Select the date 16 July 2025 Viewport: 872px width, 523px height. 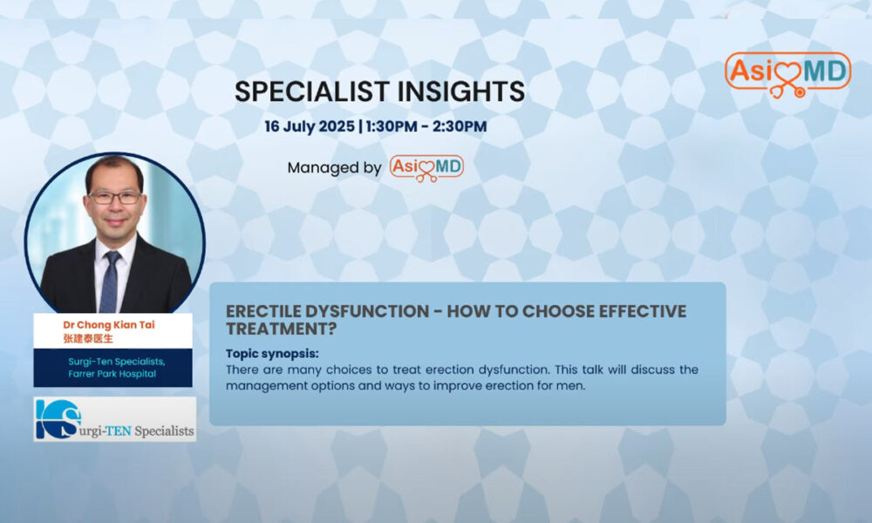click(310, 126)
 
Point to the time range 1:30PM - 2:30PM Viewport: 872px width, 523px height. click(426, 126)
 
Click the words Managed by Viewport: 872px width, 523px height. click(334, 168)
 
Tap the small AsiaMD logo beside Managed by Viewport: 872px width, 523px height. click(426, 168)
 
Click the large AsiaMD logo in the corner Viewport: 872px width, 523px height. click(787, 74)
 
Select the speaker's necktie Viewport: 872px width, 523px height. click(111, 281)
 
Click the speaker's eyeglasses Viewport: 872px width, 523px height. click(114, 197)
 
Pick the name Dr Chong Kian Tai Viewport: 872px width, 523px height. click(109, 324)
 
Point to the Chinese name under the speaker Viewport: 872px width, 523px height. click(88, 338)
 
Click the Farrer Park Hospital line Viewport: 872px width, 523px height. click(112, 374)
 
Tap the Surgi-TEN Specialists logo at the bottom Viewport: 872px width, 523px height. click(114, 419)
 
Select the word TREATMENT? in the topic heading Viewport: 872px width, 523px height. click(282, 329)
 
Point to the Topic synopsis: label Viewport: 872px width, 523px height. click(272, 354)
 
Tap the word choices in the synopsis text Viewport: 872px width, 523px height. click(352, 370)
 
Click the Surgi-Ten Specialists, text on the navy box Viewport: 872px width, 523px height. click(116, 362)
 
